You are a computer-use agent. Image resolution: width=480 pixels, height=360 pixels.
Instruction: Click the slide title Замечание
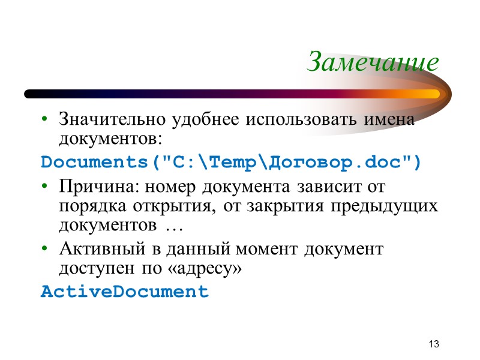tap(372, 62)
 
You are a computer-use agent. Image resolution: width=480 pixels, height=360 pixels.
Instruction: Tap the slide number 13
tap(434, 344)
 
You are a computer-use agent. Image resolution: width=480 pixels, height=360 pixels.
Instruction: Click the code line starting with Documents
tap(231, 162)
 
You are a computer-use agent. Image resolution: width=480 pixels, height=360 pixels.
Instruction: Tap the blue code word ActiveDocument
tap(124, 292)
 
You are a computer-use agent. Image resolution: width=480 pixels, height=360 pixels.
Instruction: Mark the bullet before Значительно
tap(44, 119)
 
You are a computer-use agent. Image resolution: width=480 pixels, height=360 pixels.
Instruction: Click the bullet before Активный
tap(44, 249)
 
